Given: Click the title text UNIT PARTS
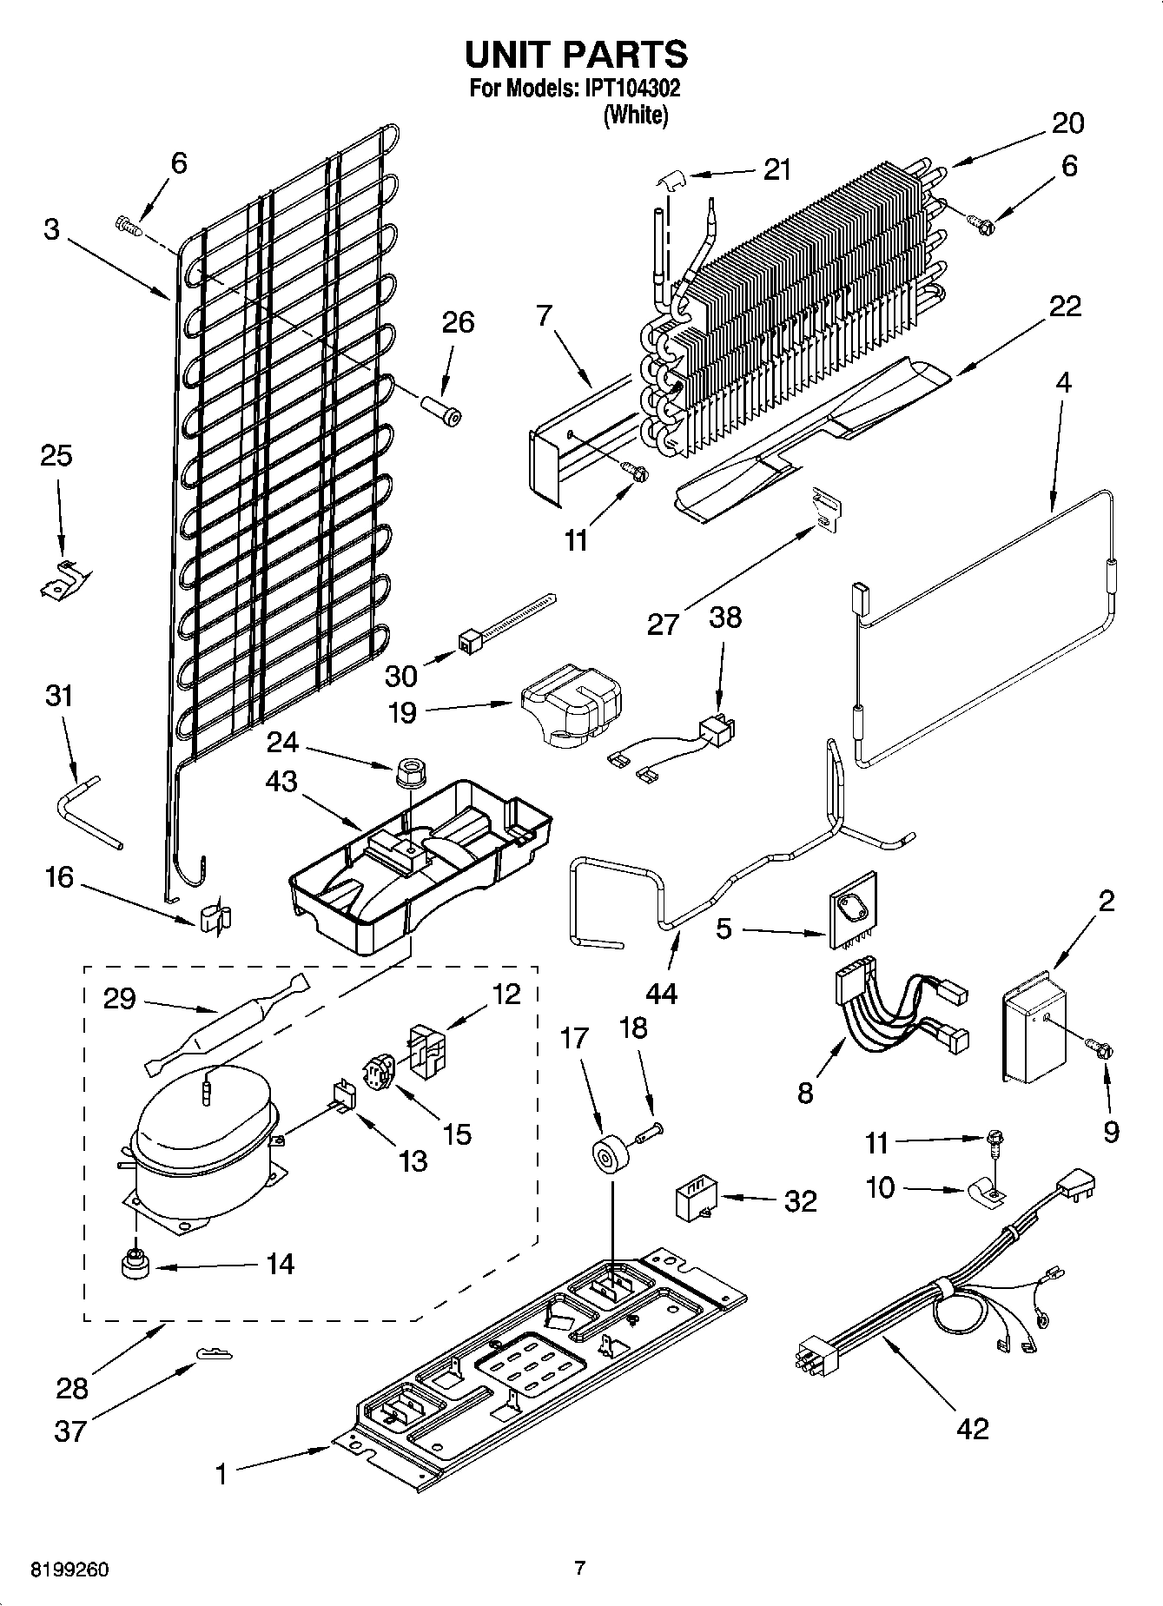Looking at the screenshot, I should [x=577, y=54].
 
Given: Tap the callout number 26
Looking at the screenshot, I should [x=458, y=322].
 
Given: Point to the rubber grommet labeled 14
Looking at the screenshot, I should [x=135, y=1265].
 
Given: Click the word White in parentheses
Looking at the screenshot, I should [x=636, y=115].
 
